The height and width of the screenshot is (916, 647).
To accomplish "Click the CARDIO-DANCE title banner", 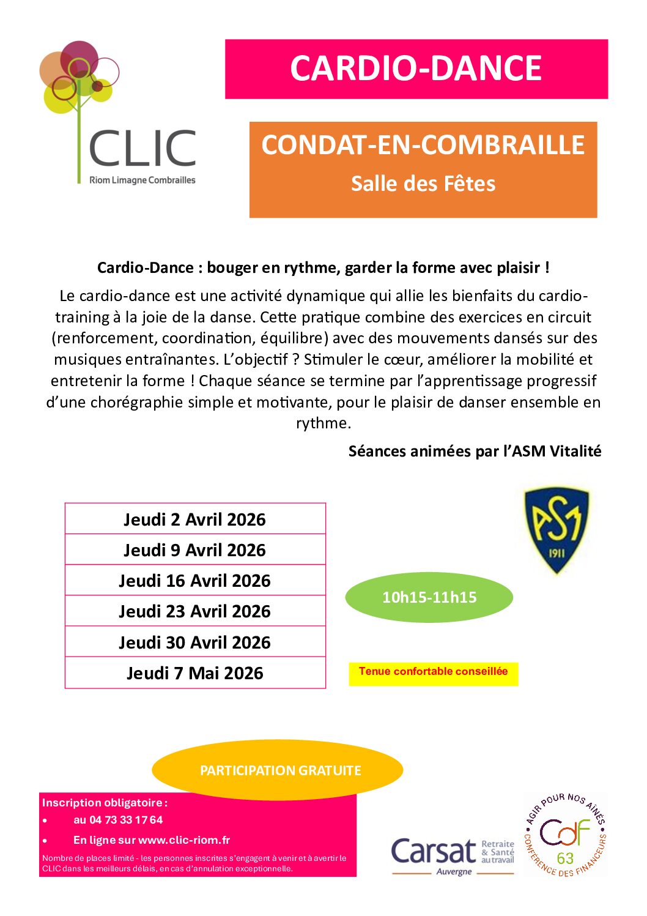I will point(416,69).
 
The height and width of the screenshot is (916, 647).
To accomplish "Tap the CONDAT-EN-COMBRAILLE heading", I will point(423,145).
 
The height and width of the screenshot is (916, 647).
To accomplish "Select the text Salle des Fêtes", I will point(423,184).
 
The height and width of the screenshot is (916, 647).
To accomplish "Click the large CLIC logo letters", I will point(142,149).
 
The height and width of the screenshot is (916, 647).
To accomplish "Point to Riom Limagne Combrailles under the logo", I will point(142,180).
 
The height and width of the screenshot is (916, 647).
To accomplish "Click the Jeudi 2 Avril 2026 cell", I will point(194,519).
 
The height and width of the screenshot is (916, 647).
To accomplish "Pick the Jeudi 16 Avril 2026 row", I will point(194,581).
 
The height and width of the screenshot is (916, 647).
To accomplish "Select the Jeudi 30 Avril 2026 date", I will point(194,642).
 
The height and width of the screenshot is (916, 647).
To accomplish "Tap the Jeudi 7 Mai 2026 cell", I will point(194,673).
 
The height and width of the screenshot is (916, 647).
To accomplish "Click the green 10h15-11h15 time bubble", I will point(429,597).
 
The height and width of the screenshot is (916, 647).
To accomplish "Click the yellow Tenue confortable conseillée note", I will point(433,672).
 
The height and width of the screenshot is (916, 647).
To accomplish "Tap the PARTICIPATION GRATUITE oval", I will point(280,770).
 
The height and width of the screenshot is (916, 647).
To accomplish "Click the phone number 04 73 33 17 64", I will point(126,820).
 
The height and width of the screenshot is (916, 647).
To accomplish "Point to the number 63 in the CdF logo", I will point(565,858).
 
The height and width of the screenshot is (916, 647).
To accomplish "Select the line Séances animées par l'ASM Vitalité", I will point(475,452).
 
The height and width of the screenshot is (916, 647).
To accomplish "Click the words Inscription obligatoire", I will point(104,803).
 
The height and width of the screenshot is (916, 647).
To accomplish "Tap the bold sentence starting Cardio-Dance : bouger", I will point(323,268).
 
